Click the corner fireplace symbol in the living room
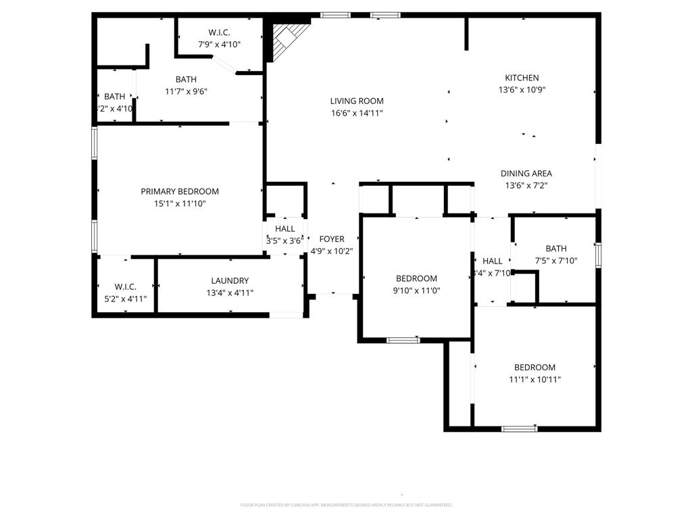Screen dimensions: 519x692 tap(286, 40)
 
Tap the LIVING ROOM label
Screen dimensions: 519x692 tap(357, 101)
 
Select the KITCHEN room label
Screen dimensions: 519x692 tap(522, 78)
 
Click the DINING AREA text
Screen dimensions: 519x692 tap(526, 174)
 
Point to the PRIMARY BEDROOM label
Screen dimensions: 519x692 tap(180, 191)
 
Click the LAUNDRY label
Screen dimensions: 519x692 tap(230, 281)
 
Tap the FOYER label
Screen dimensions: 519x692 tap(332, 239)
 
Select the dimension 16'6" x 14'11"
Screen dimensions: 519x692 tap(357, 114)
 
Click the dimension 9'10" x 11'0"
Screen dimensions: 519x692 tap(416, 291)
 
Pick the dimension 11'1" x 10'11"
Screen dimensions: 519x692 tap(535, 380)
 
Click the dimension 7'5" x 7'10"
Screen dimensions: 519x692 tap(556, 261)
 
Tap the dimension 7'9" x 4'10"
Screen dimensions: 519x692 tap(219, 45)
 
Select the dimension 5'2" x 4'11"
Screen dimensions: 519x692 tap(126, 299)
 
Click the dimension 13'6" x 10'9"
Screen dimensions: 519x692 tap(522, 90)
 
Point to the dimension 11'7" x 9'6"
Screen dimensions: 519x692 tap(186, 91)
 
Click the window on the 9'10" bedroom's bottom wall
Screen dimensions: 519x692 tap(403, 340)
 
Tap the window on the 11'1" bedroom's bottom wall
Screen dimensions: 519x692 tap(520, 428)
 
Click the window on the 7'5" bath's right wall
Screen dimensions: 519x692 tap(598, 255)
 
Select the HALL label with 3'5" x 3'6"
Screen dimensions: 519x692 tap(285, 229)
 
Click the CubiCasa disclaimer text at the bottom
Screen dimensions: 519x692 tap(346, 505)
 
